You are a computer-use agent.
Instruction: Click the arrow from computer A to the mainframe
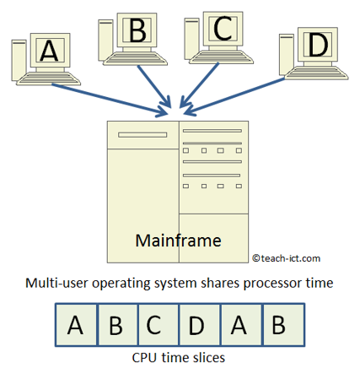tap(118, 97)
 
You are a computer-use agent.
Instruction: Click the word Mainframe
tap(178, 241)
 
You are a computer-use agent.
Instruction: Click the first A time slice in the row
tap(76, 325)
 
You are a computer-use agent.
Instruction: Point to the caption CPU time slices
tap(179, 356)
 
